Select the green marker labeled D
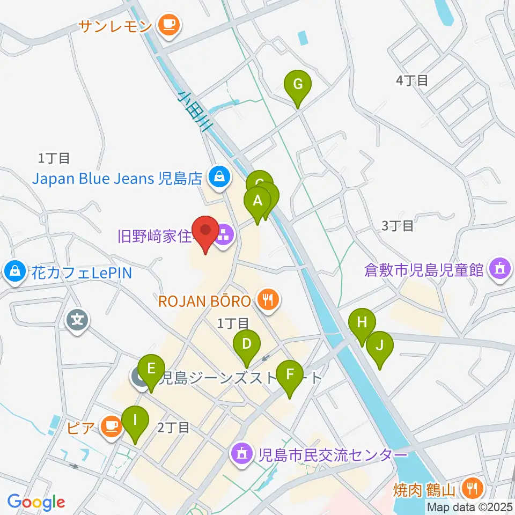click(x=246, y=344)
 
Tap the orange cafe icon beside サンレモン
click(x=170, y=24)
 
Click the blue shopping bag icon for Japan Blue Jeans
click(x=219, y=176)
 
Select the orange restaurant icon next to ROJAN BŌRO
click(x=267, y=300)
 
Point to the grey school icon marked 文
click(x=78, y=321)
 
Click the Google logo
click(x=36, y=502)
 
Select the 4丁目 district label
click(x=412, y=81)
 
